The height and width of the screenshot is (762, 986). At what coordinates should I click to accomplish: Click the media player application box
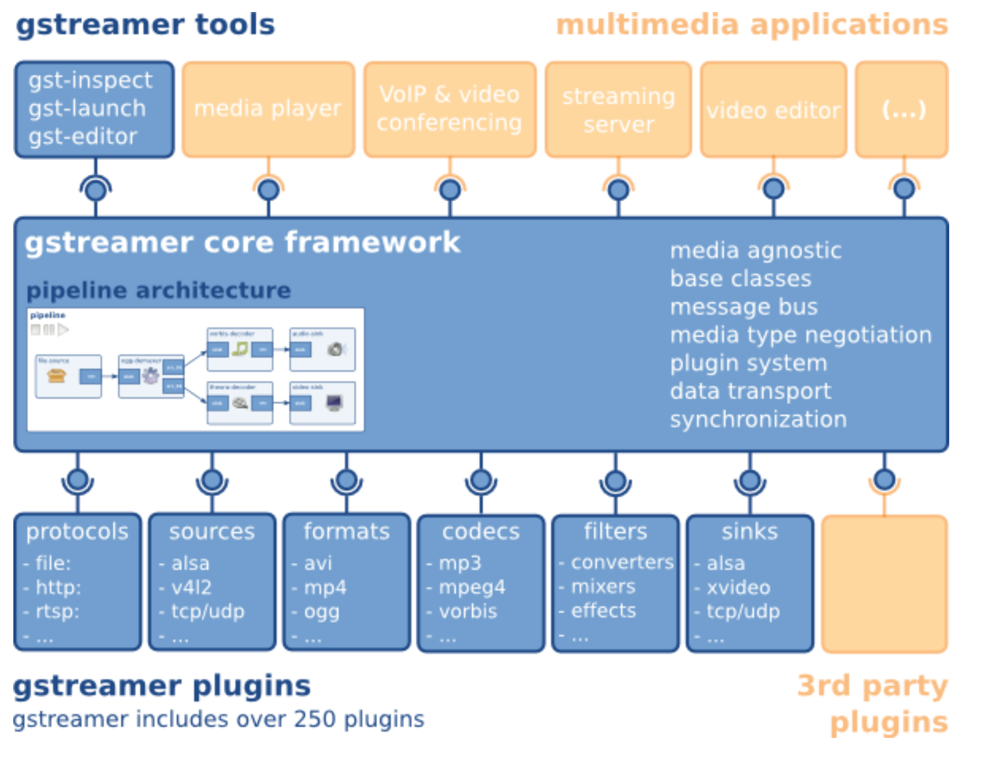[268, 109]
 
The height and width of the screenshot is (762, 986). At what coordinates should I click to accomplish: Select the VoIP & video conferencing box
[449, 109]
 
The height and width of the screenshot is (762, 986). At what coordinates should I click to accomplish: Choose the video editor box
[773, 110]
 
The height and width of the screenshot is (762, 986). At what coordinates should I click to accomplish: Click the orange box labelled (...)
[902, 110]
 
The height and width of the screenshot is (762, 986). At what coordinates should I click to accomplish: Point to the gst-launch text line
[87, 108]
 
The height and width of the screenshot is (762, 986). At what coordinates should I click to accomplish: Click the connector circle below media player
[268, 189]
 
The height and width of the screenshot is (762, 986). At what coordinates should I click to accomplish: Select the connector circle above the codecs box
[481, 481]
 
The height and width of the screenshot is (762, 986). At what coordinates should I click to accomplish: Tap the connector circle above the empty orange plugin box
[884, 480]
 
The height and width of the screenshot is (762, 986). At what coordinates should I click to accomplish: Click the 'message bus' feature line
[744, 307]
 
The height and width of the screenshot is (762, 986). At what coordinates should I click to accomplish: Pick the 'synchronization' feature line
[758, 419]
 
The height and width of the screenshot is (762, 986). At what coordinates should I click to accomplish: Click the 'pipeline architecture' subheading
[159, 290]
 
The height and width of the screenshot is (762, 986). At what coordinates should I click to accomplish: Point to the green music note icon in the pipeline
[240, 348]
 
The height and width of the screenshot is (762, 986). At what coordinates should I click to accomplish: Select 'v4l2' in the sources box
[191, 587]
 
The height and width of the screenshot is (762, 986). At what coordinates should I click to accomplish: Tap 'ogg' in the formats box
[322, 611]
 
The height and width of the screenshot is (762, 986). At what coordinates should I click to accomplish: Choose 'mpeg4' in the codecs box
[472, 587]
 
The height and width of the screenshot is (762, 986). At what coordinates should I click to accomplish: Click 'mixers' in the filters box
[603, 586]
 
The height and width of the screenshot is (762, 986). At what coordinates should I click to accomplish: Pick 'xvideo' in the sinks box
[739, 587]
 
